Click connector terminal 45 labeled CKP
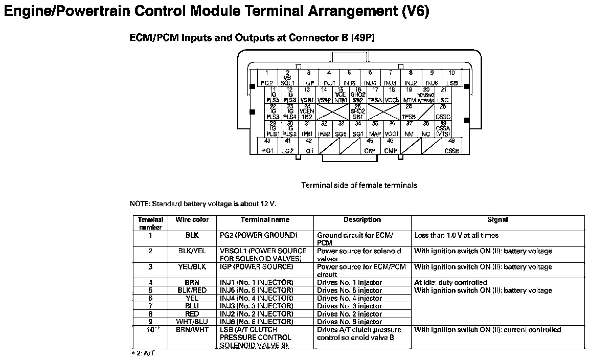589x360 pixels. [x=370, y=146]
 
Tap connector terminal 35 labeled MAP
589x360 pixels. [x=375, y=129]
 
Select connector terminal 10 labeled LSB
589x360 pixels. [x=451, y=78]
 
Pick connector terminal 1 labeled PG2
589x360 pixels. [x=266, y=78]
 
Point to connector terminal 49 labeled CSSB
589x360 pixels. [x=451, y=146]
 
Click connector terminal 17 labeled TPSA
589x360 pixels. [x=375, y=96]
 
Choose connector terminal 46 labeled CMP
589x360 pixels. [x=390, y=146]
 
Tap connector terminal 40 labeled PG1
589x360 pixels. [x=267, y=146]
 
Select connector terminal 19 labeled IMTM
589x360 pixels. [x=409, y=96]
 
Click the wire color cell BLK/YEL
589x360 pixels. [x=192, y=251]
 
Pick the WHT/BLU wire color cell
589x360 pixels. [x=192, y=322]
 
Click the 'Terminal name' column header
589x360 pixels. [x=265, y=220]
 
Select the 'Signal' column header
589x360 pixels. [x=497, y=220]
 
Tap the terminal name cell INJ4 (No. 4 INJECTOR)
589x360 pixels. [x=257, y=298]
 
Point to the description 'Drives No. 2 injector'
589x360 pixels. [x=349, y=314]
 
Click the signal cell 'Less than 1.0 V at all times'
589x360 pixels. [x=456, y=236]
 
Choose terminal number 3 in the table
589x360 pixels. [x=150, y=267]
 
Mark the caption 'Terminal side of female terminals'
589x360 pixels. [x=359, y=185]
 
